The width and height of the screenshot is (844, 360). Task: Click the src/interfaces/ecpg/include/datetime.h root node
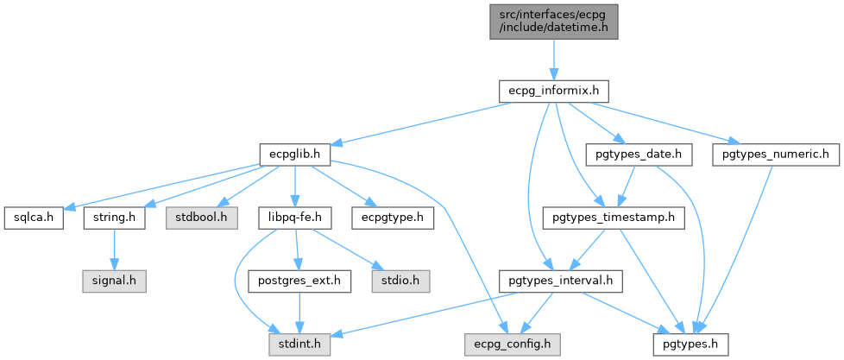552,20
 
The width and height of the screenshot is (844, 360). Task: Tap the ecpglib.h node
294,154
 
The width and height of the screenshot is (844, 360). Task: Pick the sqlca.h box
33,218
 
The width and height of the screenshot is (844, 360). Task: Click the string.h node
114,218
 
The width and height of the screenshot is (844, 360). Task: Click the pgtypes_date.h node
633,154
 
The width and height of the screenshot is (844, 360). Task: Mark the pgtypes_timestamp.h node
613,218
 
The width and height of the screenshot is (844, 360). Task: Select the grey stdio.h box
397,281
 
